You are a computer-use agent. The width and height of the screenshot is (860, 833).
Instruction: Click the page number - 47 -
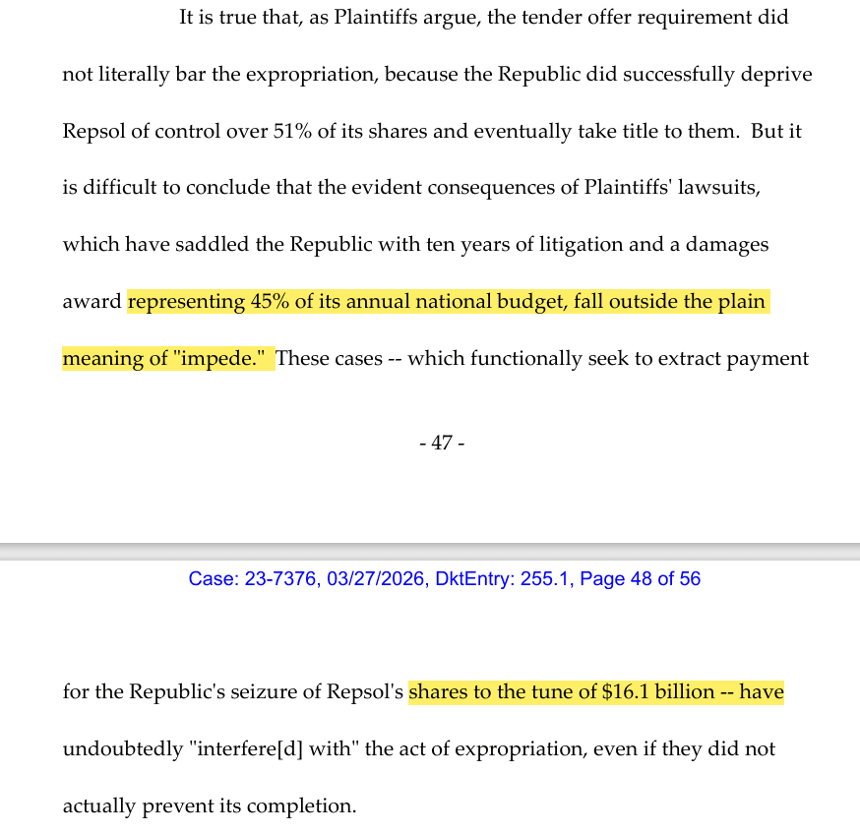click(442, 444)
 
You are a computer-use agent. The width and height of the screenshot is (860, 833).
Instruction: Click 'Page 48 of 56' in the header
click(640, 579)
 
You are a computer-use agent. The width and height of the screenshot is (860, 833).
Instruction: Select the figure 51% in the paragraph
click(292, 131)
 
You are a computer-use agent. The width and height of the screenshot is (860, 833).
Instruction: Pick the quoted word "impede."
click(223, 358)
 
